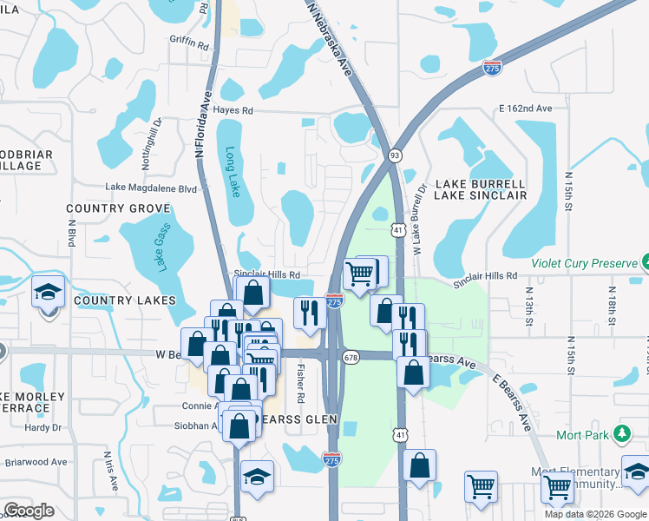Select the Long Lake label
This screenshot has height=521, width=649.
click(x=232, y=170)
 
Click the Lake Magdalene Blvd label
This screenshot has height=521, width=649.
click(x=152, y=187)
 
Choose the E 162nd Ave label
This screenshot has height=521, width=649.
click(x=525, y=109)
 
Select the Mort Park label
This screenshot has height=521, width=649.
click(x=582, y=433)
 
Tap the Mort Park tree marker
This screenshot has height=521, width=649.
click(x=621, y=432)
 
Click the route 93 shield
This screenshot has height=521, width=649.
click(x=395, y=153)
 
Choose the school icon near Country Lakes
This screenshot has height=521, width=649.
click(x=49, y=293)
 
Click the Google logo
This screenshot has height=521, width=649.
click(x=29, y=511)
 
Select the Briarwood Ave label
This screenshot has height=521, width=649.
click(x=36, y=462)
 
